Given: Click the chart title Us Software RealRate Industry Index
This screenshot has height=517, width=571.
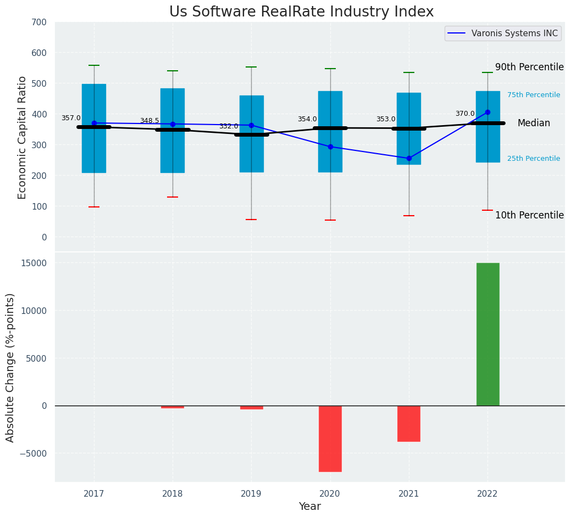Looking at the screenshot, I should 301,12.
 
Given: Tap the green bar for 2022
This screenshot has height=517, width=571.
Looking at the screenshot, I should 487,334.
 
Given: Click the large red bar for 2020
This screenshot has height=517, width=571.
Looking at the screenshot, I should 330,439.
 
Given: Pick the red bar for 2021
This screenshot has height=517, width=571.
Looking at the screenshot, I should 409,423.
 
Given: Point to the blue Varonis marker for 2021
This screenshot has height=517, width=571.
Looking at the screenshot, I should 409,159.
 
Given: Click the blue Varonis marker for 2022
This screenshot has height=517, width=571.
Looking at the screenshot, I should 487,113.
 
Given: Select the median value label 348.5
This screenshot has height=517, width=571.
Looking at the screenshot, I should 149,121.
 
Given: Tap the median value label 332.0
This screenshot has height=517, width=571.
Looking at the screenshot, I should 229,127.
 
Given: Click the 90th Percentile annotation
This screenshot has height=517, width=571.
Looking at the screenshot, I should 529,68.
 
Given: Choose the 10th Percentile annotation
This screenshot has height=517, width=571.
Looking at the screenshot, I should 529,216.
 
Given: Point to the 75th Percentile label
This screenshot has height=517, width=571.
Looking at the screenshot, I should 533,95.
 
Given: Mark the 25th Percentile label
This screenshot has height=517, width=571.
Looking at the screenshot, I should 533,159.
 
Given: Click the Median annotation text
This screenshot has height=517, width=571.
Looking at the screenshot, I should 533,123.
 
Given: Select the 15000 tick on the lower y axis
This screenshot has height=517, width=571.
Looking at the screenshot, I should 34,263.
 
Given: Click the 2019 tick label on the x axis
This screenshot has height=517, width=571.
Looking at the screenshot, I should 251,494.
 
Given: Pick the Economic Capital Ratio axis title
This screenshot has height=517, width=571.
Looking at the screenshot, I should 23,138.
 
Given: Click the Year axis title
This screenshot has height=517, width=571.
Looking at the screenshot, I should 309,507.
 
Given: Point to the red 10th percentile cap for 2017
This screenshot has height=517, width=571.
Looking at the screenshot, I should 94,207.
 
